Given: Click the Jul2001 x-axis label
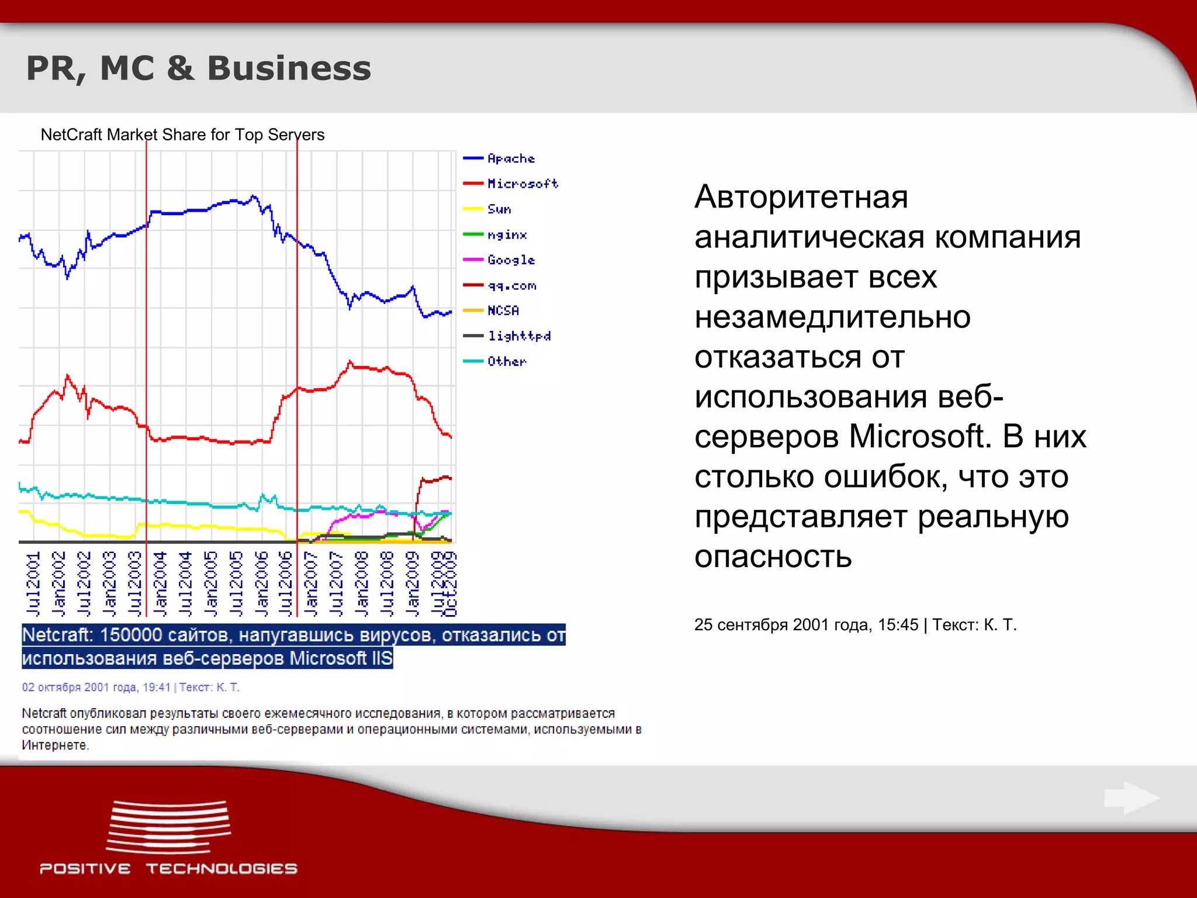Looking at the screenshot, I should (33, 583).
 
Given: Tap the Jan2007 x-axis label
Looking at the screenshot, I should (311, 583).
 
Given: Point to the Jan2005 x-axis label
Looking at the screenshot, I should (210, 583).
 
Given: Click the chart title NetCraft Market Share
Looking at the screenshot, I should (182, 134).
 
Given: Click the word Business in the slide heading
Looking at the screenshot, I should (289, 68).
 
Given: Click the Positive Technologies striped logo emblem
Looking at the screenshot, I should (168, 827).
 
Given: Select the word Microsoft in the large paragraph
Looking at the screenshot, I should (919, 436).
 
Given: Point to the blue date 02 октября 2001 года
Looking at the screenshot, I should (96, 687).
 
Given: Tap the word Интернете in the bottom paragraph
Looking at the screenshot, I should (55, 745).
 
